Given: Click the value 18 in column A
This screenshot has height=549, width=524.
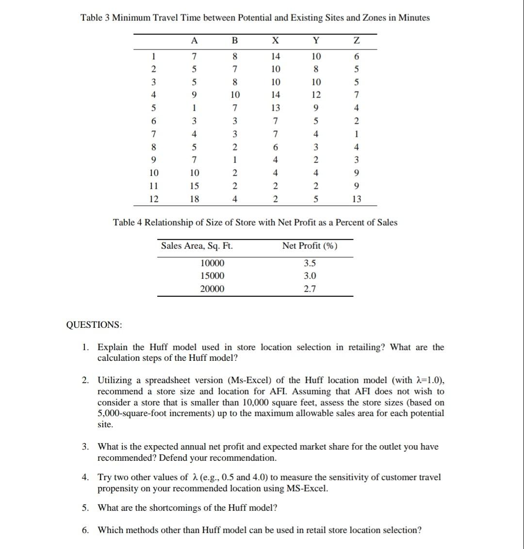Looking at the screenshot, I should [x=194, y=199].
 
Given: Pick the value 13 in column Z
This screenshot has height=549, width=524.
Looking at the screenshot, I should [x=357, y=199].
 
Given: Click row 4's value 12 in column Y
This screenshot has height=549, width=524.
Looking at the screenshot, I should [x=316, y=94].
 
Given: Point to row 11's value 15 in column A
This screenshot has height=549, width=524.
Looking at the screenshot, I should [x=194, y=186].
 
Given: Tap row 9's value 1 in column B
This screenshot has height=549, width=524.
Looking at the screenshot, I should [x=235, y=160].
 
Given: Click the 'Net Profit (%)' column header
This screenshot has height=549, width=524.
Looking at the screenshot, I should [x=310, y=246].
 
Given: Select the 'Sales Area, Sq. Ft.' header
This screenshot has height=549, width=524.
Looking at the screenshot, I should [x=197, y=246].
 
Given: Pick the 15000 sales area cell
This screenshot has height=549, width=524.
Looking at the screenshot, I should [x=213, y=276].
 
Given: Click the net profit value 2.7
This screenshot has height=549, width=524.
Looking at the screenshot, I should [x=310, y=289].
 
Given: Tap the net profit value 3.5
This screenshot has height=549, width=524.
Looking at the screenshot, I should [x=310, y=263].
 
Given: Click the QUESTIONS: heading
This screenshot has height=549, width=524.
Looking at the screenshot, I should [x=94, y=324].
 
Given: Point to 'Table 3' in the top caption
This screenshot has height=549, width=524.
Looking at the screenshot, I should [x=96, y=18].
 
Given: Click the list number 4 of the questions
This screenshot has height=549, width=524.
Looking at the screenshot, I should [x=85, y=477].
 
